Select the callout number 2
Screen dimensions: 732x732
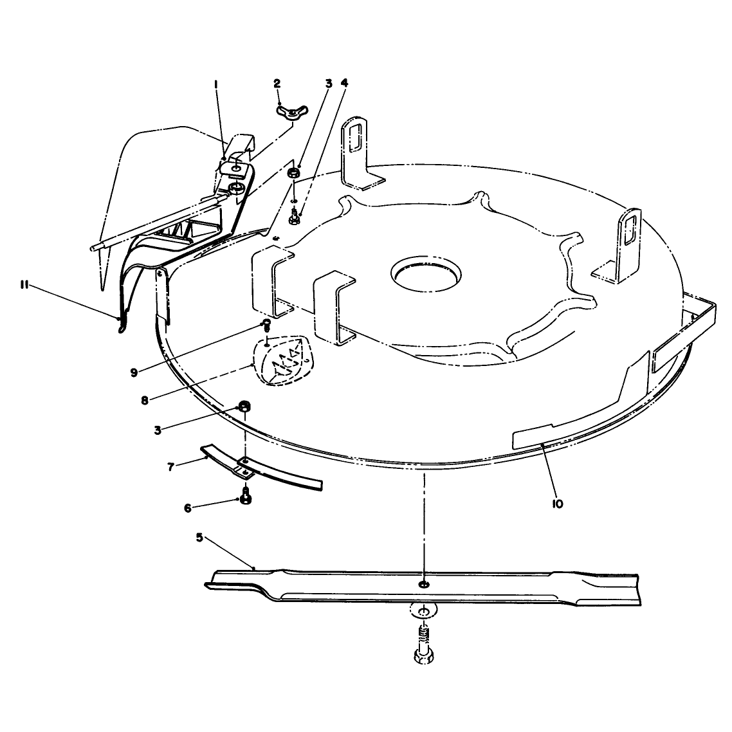pyautogui.click(x=277, y=84)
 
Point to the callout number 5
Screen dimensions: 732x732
pyautogui.click(x=199, y=537)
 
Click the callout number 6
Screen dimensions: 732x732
pyautogui.click(x=188, y=508)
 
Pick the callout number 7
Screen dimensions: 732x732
pyautogui.click(x=171, y=466)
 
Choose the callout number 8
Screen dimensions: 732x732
pyautogui.click(x=145, y=400)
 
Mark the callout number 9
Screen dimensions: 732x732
pyautogui.click(x=134, y=372)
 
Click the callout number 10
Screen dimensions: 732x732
pyautogui.click(x=558, y=504)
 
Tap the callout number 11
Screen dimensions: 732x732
pyautogui.click(x=24, y=285)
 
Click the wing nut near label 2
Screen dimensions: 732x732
pyautogui.click(x=290, y=113)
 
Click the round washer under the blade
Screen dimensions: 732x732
pyautogui.click(x=424, y=611)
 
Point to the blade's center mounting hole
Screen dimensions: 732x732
pyautogui.click(x=424, y=585)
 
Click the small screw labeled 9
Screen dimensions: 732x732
pyautogui.click(x=266, y=325)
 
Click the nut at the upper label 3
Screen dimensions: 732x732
pyautogui.click(x=293, y=173)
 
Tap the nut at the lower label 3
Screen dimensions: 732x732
pyautogui.click(x=244, y=405)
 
